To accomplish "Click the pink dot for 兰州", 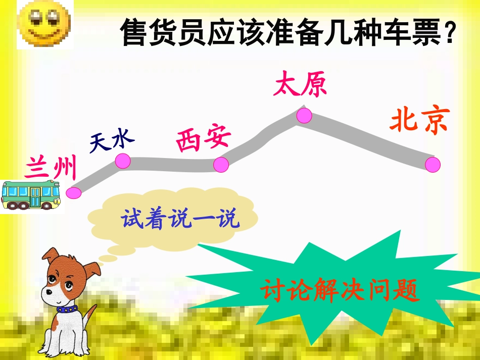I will [x=74, y=192].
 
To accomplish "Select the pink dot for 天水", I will [x=123, y=161].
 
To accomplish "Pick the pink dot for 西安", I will [x=221, y=164].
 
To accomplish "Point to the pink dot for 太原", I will [x=304, y=115].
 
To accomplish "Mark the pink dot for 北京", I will [x=433, y=165].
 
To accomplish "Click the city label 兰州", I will [x=51, y=168].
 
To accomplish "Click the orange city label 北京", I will [x=419, y=121].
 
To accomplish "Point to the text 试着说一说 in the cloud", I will [x=180, y=219].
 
